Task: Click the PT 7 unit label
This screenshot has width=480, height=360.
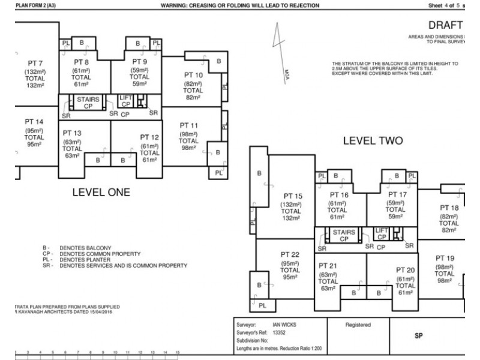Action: click(35, 64)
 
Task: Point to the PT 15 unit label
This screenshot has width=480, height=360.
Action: click(290, 196)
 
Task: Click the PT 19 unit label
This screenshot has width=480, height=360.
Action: click(445, 258)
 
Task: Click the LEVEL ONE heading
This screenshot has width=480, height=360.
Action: click(101, 193)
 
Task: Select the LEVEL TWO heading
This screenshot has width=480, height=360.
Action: click(372, 142)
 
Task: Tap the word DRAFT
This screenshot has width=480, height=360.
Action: click(445, 25)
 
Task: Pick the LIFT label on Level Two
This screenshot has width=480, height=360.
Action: click(382, 230)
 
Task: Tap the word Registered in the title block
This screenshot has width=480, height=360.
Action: click(358, 325)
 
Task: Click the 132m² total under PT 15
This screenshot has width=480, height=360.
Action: click(290, 218)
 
